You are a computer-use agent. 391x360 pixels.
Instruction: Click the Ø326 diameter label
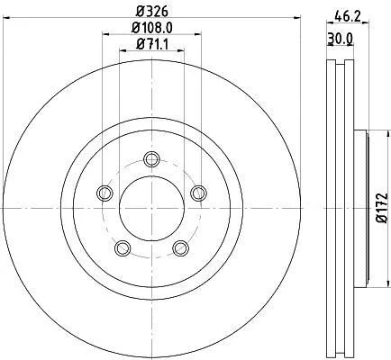pos(151,12)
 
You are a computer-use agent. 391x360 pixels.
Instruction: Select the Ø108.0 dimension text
pos(152,28)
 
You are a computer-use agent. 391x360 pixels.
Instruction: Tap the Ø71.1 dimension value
pos(152,44)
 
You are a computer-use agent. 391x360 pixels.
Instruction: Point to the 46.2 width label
pos(348,17)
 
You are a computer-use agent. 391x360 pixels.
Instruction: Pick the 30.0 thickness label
pos(340,39)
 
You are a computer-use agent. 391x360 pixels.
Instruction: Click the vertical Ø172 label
pos(382,208)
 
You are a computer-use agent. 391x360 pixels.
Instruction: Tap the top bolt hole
pos(151,159)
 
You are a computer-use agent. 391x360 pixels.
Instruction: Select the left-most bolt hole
pos(105,193)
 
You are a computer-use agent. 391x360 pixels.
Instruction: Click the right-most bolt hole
pos(199,193)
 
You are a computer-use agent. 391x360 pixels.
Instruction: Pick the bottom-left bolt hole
pos(123,248)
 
